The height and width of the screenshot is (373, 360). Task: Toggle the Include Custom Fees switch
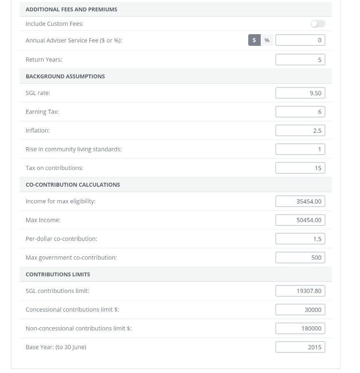317,24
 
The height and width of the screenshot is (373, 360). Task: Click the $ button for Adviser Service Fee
254,40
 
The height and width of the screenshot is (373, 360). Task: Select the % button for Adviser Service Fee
267,40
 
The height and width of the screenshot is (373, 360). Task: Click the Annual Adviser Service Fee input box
300,40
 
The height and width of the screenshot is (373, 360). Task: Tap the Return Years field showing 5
300,60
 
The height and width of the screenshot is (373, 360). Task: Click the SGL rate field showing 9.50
300,93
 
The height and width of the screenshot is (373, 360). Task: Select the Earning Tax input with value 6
300,112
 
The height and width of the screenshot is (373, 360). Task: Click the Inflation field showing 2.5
300,130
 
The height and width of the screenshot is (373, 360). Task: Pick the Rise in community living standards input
300,149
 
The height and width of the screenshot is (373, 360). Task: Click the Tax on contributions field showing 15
300,168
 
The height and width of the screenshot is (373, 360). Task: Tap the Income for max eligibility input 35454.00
300,201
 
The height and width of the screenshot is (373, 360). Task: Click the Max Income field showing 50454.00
300,220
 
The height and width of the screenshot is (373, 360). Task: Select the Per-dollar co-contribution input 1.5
300,239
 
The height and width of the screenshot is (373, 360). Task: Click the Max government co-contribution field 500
300,258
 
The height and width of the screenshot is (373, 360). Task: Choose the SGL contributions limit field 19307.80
300,291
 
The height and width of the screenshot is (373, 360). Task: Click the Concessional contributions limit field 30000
300,310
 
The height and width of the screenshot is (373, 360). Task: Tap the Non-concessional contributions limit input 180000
300,328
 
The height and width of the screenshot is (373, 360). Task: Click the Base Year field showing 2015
300,347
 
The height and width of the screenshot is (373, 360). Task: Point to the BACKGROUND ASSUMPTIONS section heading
65,76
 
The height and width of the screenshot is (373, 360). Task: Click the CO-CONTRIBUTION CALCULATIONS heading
73,185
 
